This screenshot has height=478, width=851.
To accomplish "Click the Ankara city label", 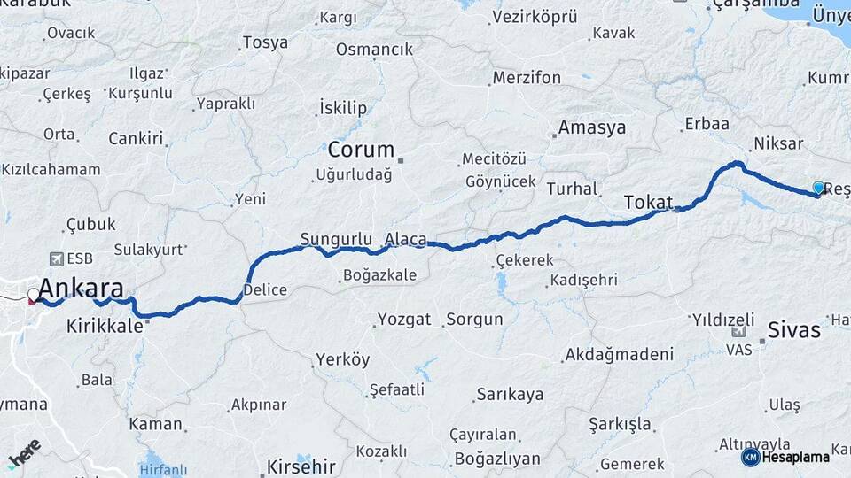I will pyautogui.click(x=81, y=289).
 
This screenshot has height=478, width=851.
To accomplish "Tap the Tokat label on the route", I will pyautogui.click(x=648, y=201).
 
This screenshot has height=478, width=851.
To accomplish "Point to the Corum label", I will pyautogui.click(x=361, y=149).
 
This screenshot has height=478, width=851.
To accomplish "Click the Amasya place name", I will pyautogui.click(x=592, y=127).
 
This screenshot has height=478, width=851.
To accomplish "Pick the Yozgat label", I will pyautogui.click(x=403, y=319).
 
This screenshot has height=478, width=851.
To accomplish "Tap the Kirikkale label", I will pyautogui.click(x=104, y=326).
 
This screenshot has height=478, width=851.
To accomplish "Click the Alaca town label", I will pyautogui.click(x=406, y=239).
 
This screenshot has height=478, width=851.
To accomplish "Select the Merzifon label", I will pyautogui.click(x=527, y=78).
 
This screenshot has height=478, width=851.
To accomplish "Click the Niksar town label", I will pyautogui.click(x=777, y=143).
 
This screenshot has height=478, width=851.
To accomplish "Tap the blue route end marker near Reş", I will pyautogui.click(x=818, y=188).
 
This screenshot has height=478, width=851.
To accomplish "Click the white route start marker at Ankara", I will pyautogui.click(x=34, y=294).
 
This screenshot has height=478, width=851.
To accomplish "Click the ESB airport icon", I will pyautogui.click(x=58, y=258).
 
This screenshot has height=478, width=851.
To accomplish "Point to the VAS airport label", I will pyautogui.click(x=738, y=350).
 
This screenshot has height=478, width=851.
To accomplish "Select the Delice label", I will pyautogui.click(x=264, y=289).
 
